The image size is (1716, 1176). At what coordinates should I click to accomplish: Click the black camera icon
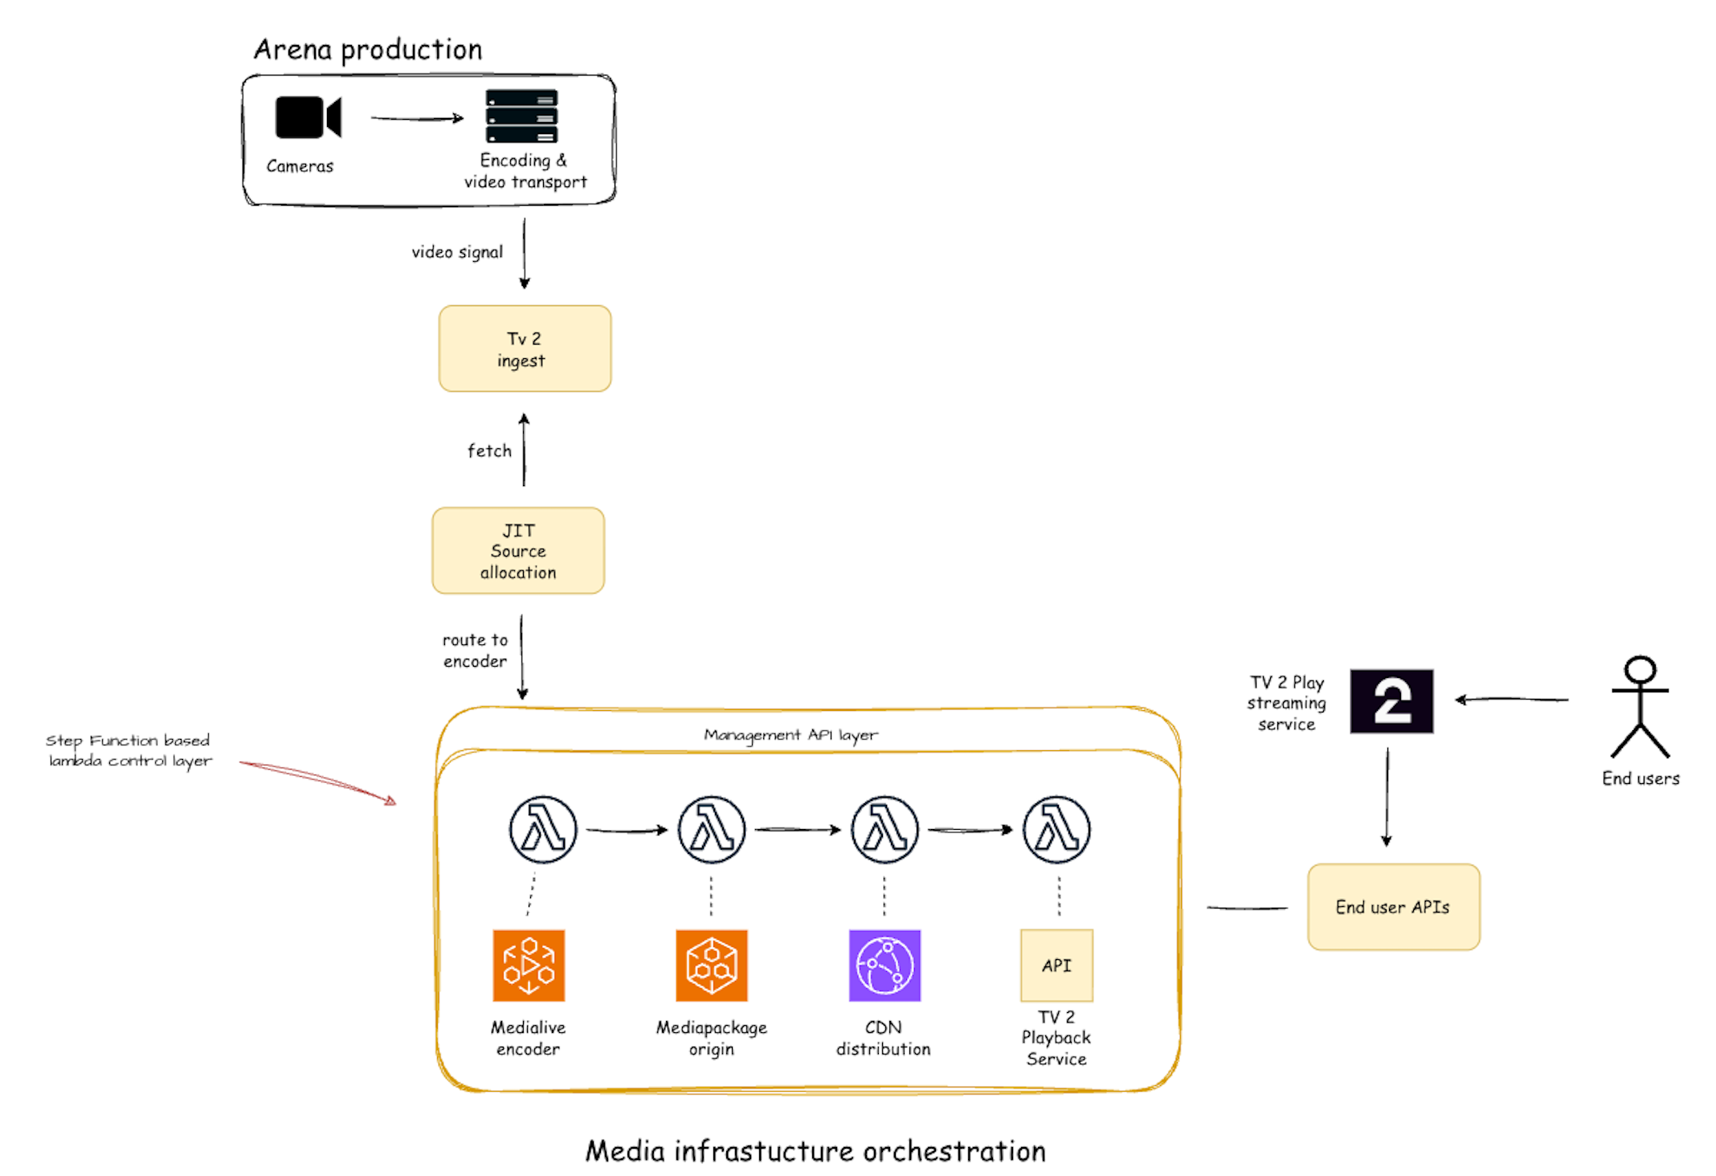[308, 117]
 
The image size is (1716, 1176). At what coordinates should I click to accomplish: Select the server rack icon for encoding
[521, 116]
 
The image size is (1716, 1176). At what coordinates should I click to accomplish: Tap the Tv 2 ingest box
[525, 349]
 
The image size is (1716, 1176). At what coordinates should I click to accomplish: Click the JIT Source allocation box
[518, 551]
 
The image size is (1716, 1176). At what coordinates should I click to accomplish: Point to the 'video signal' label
[457, 252]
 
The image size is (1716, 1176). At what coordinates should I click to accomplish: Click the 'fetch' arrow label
[489, 451]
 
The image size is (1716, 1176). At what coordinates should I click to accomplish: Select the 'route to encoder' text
[475, 651]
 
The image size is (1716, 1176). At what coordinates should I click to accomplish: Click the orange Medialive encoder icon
[529, 966]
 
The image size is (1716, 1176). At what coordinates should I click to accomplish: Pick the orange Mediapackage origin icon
[711, 966]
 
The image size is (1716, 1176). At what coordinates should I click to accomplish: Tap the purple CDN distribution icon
[885, 966]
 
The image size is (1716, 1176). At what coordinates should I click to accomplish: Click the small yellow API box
[1056, 966]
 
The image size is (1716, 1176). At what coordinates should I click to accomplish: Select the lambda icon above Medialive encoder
[543, 830]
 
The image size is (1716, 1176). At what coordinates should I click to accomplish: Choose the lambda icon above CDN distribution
[885, 830]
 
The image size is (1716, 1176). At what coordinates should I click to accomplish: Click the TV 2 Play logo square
[1391, 701]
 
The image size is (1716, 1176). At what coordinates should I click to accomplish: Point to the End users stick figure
[1640, 707]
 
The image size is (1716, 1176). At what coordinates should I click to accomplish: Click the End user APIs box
[1393, 907]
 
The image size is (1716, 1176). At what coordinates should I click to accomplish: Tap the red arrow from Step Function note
[318, 780]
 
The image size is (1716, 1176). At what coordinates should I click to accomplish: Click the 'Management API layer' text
[791, 735]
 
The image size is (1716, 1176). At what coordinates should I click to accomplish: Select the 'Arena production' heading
[368, 50]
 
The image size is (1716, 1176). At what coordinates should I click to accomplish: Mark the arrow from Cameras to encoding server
[416, 119]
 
